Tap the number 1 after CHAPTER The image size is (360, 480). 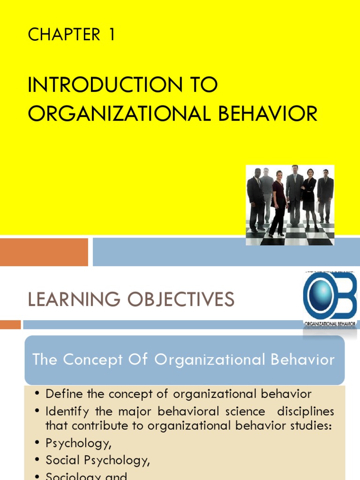pyautogui.click(x=111, y=35)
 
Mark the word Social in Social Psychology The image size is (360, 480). pyautogui.click(x=64, y=460)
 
